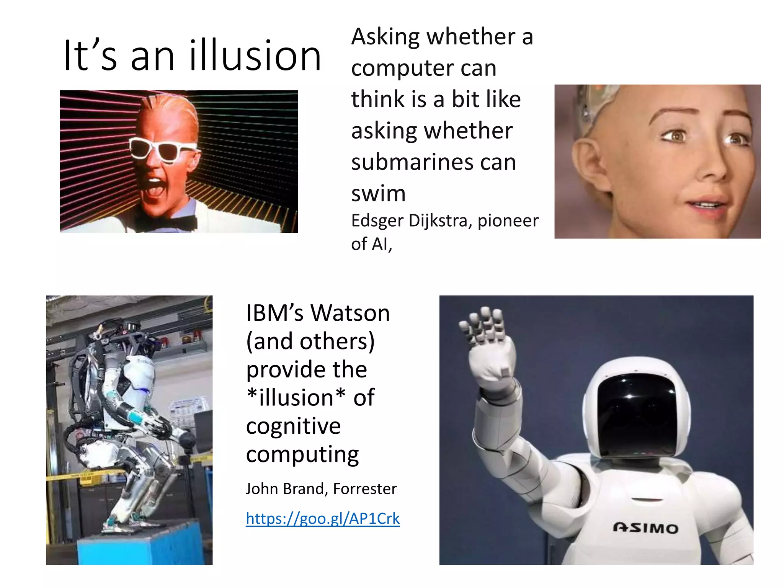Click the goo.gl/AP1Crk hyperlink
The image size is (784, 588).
pos(322,519)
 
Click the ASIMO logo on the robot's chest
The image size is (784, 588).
pos(645,528)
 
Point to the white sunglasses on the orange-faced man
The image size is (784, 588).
pos(161,150)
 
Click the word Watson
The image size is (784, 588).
pos(350,313)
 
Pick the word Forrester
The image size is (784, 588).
pos(364,489)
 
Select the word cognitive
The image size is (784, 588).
pos(293,426)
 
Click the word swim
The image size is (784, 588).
pos(378,193)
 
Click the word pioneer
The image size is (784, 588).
pos(508,220)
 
